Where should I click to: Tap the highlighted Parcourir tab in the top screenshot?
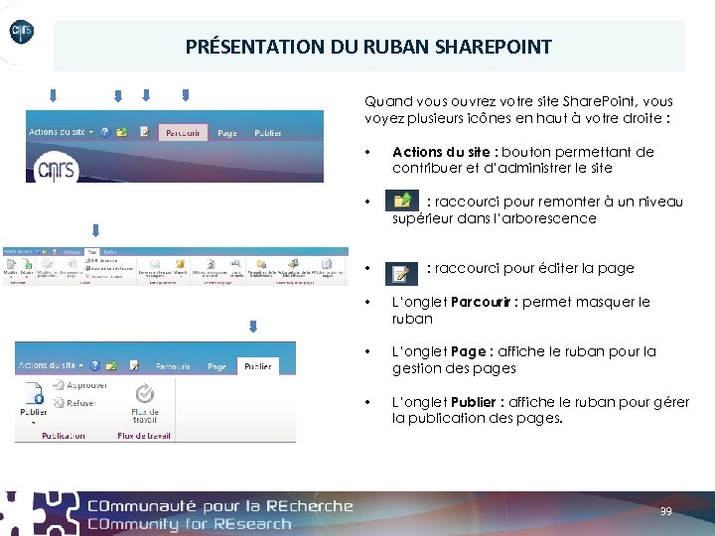[x=183, y=132]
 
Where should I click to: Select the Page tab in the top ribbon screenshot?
[x=227, y=132]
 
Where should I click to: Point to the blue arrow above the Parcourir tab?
[x=184, y=96]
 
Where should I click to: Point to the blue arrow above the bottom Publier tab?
[x=253, y=326]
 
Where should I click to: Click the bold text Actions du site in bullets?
[x=443, y=152]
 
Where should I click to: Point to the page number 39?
[x=666, y=511]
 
